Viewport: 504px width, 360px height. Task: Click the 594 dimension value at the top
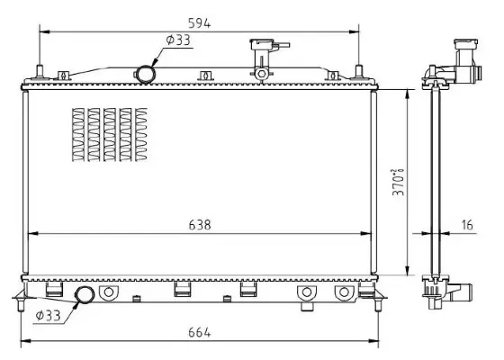[x=199, y=23]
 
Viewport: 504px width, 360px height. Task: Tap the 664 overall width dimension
[x=199, y=333]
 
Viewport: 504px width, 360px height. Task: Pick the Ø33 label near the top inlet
[x=177, y=40]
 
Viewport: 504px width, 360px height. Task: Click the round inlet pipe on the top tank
[x=146, y=73]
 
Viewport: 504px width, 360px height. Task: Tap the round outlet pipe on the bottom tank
[x=85, y=294]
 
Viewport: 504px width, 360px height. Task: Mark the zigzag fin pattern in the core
[x=107, y=135]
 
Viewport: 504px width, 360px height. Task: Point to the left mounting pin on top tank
[x=40, y=72]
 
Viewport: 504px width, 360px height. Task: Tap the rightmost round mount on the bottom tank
[x=342, y=293]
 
